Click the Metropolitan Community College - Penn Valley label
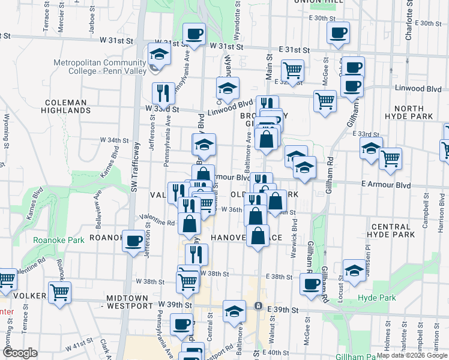click(95, 67)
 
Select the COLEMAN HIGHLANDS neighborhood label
click(66, 106)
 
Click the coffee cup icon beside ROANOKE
click(133, 241)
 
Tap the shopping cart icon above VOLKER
click(59, 292)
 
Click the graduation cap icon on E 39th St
click(234, 311)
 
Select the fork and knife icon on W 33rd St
click(163, 93)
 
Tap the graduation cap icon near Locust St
click(354, 271)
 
